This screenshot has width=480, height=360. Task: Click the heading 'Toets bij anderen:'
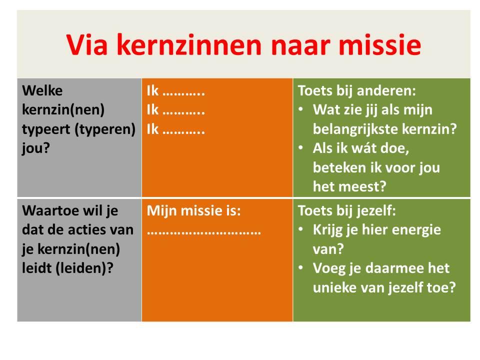(357, 91)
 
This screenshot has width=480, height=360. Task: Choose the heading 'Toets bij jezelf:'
(347, 210)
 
